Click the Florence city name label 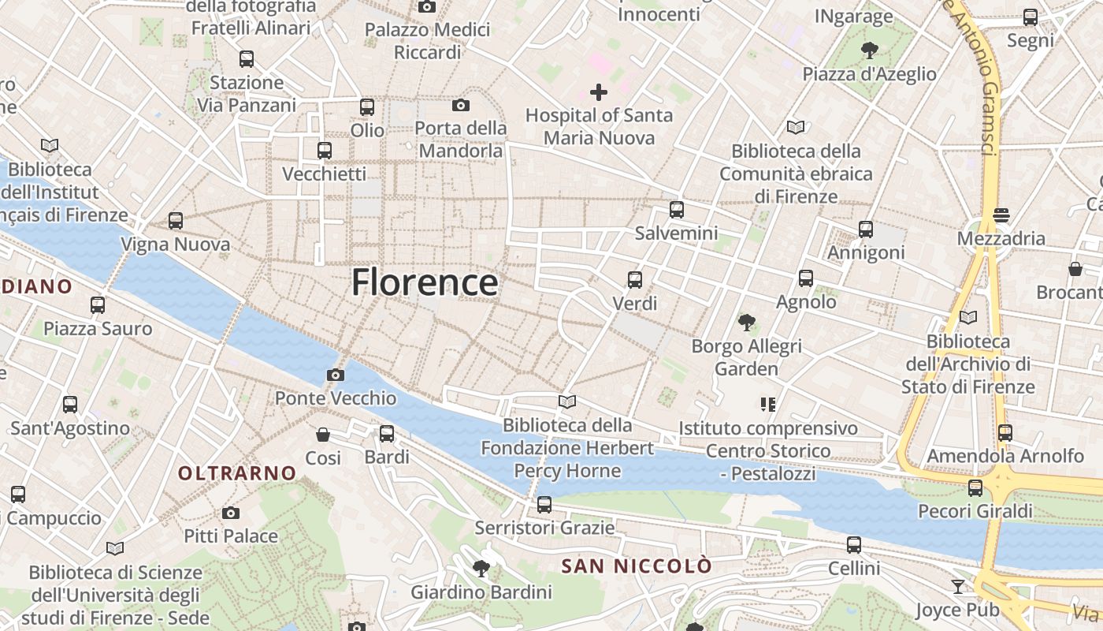pos(425,282)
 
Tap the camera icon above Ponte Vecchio pos(336,375)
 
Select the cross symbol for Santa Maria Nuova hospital pos(599,92)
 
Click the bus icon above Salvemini pos(676,210)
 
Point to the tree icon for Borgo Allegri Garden pos(746,322)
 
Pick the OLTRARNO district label pos(237,473)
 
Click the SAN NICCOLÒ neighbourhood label pos(636,566)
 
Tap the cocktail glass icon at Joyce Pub pos(957,586)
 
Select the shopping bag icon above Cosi pos(323,434)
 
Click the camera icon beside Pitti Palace pos(230,513)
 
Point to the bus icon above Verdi pos(634,279)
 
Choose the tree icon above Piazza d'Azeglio pos(870,50)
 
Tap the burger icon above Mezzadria pos(1001,215)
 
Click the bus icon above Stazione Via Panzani pos(246,58)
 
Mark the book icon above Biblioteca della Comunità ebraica pos(796,127)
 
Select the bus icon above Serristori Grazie pos(544,504)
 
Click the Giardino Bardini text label pos(481,592)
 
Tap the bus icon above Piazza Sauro pos(98,304)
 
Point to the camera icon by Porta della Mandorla pos(461,105)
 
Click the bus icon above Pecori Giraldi pos(975,487)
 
